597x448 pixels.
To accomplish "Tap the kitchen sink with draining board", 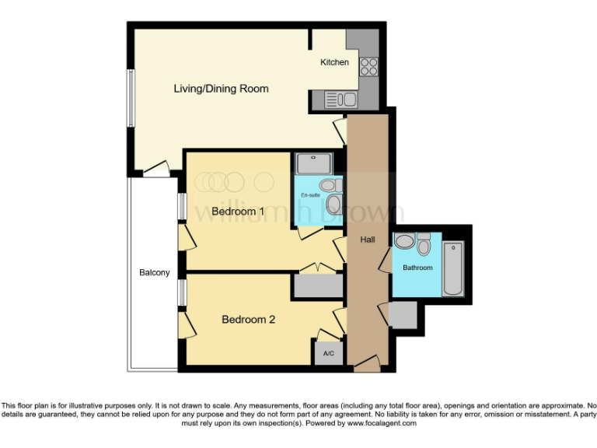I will point(340,100).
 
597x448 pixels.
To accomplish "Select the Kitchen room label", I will point(335,62).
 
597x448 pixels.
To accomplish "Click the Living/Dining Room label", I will point(221,89).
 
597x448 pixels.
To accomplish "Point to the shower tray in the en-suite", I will point(313,163).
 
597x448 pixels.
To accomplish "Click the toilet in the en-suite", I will point(331,186).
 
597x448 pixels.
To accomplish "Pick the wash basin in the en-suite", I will point(334,205).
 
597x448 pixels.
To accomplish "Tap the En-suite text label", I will point(311,195).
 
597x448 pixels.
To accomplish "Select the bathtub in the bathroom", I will point(452,269).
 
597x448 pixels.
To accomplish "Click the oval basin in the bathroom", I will point(405,241).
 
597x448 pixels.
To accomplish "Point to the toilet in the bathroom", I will point(424,245).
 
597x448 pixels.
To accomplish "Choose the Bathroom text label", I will point(417,268).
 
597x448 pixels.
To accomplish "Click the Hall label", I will point(368,240).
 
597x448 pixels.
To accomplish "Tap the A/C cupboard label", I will point(328,354).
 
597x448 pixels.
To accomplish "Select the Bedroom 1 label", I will point(239,212).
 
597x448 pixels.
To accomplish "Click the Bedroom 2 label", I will point(248,319).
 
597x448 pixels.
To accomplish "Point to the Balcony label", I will point(154,272).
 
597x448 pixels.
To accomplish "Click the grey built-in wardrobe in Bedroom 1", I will point(317,285).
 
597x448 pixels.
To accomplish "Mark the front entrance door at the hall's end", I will point(365,362).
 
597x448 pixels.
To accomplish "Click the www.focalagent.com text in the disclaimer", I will point(382,423).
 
